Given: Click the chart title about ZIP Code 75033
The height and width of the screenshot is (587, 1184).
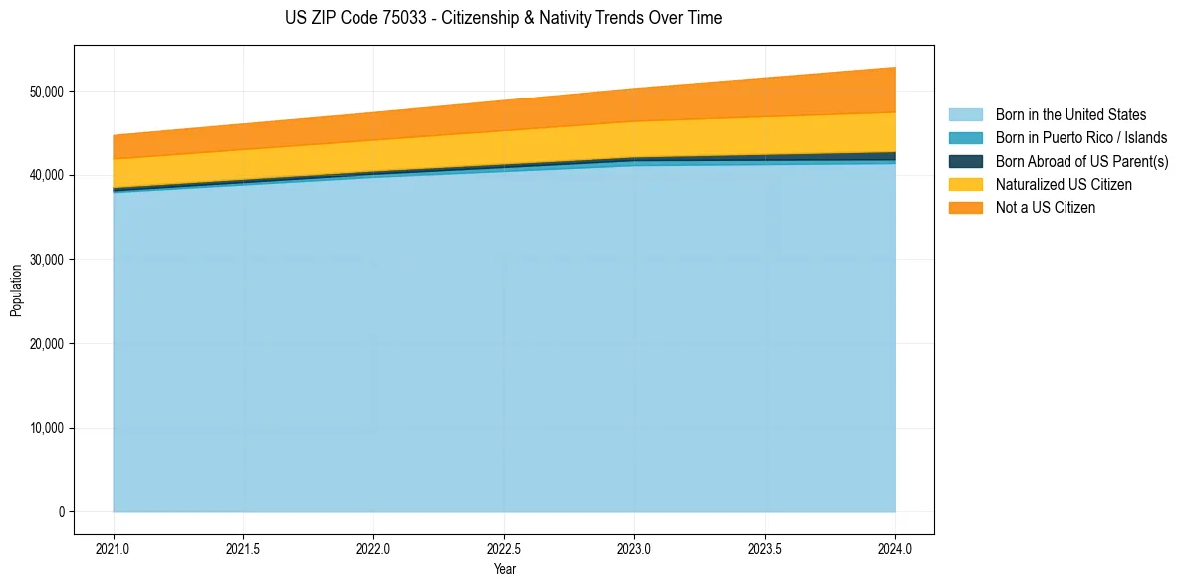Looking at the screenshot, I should [x=503, y=18].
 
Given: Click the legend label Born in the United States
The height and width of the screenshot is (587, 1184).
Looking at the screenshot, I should [x=1070, y=115].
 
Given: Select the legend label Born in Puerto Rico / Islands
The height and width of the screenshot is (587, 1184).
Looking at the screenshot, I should [x=1081, y=138].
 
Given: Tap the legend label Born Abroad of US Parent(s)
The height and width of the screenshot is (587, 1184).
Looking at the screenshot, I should [x=1081, y=161].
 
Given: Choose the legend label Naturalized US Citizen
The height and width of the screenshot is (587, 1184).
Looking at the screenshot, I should [x=1064, y=185].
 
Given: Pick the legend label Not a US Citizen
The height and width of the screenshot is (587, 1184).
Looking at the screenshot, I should [x=1046, y=208].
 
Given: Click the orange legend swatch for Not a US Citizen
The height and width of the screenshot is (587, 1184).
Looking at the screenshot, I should [x=965, y=208].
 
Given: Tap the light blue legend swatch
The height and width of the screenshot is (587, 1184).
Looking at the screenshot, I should [x=965, y=115].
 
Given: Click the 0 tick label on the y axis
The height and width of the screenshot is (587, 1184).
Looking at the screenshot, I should [x=61, y=512].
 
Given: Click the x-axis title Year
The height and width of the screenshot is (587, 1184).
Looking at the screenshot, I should [x=504, y=570].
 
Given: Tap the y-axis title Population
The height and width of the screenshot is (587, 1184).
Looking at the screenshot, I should [x=16, y=291].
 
